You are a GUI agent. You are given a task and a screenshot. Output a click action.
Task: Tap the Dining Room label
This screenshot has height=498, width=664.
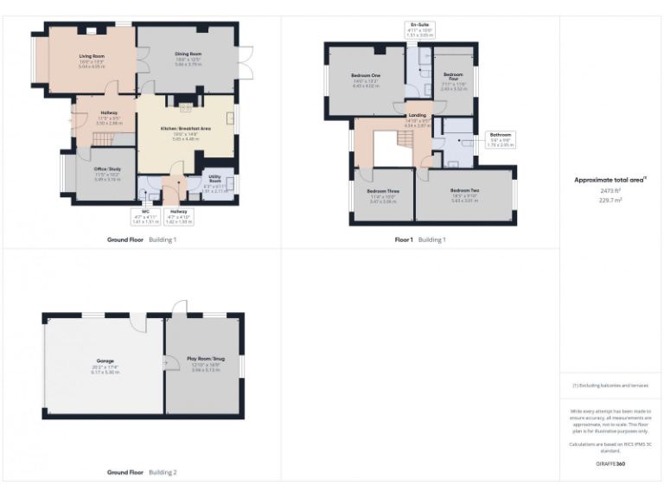click(x=188, y=54)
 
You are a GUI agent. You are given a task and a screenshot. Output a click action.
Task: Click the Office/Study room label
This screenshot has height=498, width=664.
click(x=95, y=169)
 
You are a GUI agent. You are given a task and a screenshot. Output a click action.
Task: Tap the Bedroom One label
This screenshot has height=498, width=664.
click(x=366, y=76)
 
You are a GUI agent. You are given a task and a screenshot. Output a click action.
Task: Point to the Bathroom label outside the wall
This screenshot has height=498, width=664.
click(x=501, y=135)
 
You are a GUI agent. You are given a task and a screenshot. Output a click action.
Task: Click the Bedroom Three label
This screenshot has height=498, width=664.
click(x=382, y=190)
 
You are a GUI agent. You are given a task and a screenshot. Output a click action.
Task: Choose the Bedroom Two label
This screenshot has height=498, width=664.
click(x=464, y=190)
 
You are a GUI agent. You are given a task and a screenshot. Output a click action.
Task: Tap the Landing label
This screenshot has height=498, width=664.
click(x=417, y=115)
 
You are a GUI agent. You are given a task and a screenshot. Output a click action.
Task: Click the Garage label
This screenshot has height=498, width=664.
click(x=105, y=361)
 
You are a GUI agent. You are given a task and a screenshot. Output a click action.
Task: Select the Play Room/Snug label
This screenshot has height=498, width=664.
click(x=205, y=359)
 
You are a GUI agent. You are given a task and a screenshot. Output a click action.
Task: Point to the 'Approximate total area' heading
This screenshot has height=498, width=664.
click(x=611, y=180)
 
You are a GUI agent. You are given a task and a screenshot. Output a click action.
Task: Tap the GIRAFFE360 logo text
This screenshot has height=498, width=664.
click(x=610, y=464)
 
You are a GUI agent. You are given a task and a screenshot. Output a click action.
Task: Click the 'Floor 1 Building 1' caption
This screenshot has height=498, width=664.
click(x=419, y=239)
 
